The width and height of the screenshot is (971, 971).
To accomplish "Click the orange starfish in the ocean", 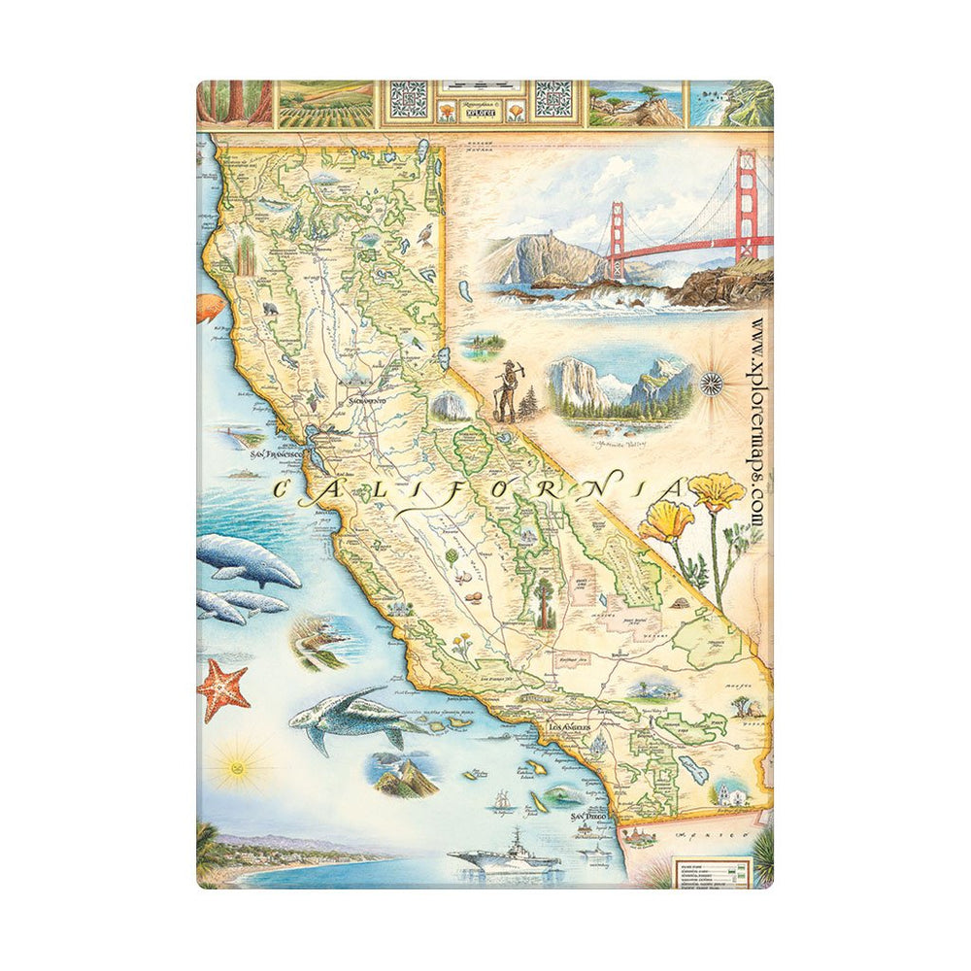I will coord(224,690).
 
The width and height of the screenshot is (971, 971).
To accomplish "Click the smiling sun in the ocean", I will coord(236,764).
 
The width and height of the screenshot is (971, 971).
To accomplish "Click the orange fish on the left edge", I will coord(209,308).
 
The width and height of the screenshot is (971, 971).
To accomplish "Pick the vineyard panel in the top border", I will coord(325,104).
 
